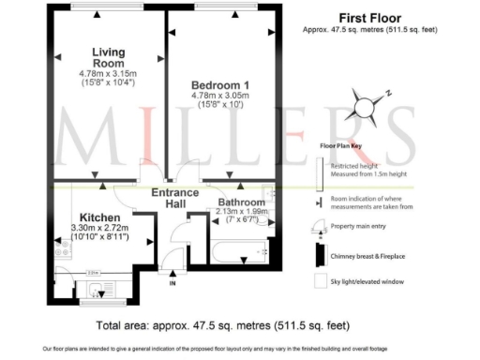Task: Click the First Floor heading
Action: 366,17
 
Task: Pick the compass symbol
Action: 367,107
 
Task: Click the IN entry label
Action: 172,282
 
